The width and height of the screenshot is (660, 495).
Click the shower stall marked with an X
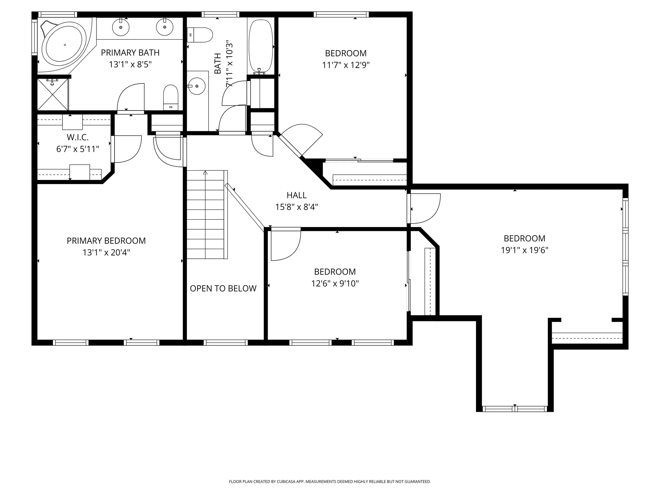tap(53, 94)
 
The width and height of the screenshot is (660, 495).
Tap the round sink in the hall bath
tap(197, 86)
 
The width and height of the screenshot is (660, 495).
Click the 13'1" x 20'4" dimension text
tap(106, 253)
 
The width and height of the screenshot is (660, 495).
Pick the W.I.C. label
tap(78, 137)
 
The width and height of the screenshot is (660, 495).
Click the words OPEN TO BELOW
tap(223, 289)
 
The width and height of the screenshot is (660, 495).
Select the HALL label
tap(296, 195)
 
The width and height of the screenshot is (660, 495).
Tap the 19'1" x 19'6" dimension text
tap(524, 250)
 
